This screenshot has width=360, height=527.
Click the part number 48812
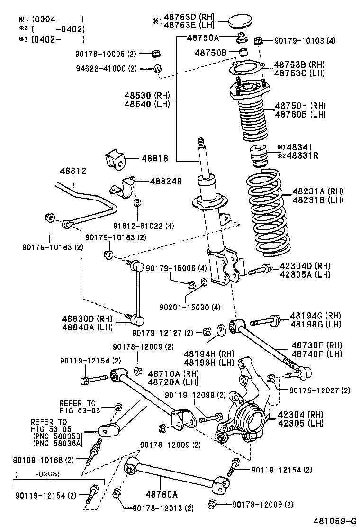tap(72, 171)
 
